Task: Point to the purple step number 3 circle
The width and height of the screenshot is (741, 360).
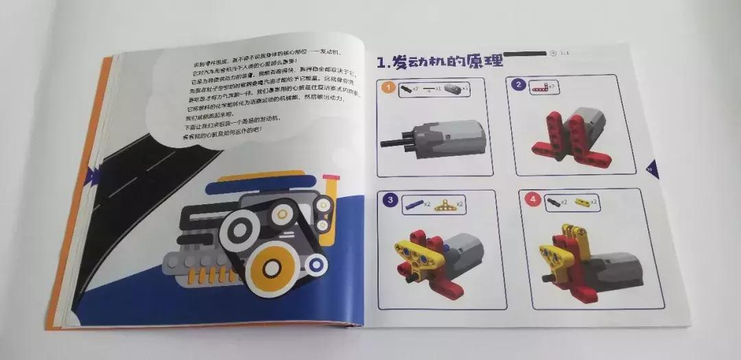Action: (390, 200)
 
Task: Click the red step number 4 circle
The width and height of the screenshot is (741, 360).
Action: (531, 200)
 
